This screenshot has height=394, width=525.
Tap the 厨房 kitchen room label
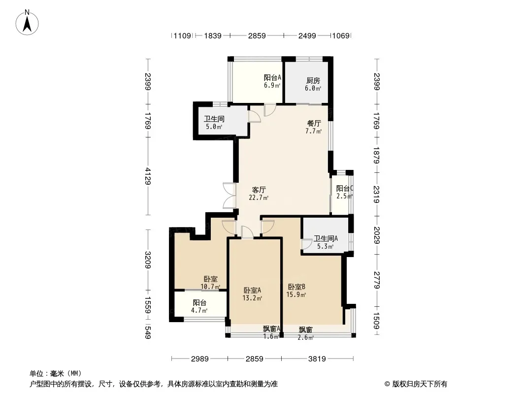tap(313, 81)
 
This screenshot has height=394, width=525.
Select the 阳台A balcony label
tap(272, 78)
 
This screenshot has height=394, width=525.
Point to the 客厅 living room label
tap(259, 190)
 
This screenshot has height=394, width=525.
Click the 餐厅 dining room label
tap(314, 123)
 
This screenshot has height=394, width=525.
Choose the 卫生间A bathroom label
tap(326, 239)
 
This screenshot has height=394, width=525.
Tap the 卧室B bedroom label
tap(296, 287)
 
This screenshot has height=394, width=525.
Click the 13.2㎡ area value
tap(252, 298)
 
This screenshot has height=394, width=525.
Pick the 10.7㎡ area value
tap(210, 287)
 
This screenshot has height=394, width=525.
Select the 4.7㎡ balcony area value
tap(199, 310)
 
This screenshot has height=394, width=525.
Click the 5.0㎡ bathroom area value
tap(214, 127)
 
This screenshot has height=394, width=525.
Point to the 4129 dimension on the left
tap(148, 176)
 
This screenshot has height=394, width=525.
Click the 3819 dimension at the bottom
tap(317, 359)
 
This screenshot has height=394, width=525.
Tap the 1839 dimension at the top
tap(213, 35)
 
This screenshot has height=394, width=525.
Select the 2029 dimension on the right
tap(376, 235)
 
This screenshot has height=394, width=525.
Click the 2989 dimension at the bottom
tap(199, 359)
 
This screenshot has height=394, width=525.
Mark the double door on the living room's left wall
tap(230, 196)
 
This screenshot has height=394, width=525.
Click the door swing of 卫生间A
tap(306, 244)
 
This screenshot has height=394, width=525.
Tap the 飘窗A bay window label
tap(271, 328)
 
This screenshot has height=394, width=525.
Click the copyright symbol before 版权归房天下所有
tap(388, 384)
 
